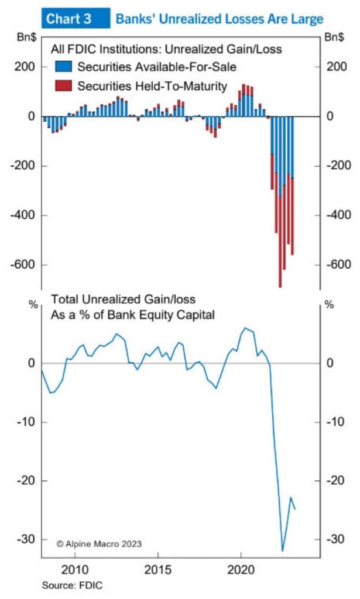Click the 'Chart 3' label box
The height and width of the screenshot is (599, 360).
[x=69, y=19]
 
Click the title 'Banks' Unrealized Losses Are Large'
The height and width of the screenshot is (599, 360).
[x=219, y=19]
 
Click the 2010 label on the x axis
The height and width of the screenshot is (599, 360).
[x=76, y=570]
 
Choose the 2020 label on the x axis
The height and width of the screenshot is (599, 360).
[x=242, y=570]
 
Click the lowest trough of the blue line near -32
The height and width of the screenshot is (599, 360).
[x=283, y=550]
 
